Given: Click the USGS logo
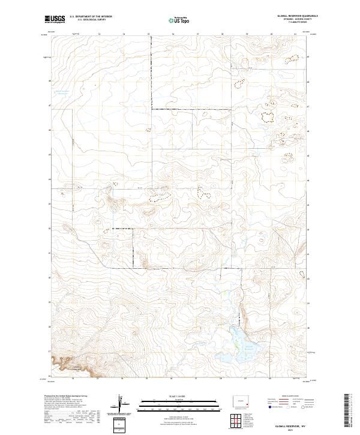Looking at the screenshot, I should [x=55, y=20].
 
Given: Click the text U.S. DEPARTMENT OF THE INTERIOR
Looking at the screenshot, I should [x=91, y=17].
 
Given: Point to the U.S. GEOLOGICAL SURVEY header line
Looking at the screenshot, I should [x=91, y=20].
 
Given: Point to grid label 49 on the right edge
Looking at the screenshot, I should [x=310, y=57].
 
